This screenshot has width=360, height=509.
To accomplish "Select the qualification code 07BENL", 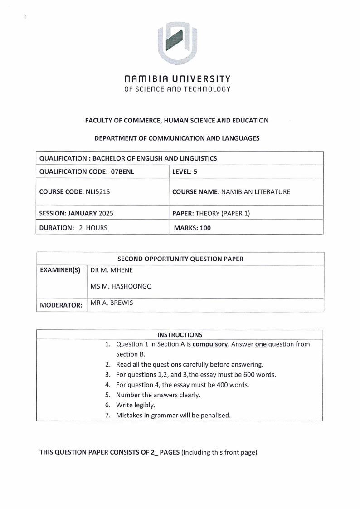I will (122, 171).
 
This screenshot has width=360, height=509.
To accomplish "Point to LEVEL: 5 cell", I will (185, 171).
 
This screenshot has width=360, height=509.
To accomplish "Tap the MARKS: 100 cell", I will (192, 228).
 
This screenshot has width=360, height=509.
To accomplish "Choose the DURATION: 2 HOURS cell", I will (73, 228).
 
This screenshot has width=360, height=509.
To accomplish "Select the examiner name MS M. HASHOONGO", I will (121, 286).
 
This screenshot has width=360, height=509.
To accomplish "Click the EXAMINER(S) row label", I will (60, 270).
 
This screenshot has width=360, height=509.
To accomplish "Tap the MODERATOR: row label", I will (61, 305).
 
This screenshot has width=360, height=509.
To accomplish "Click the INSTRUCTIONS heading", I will (180, 335).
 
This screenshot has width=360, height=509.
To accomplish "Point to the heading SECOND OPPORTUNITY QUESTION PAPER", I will (180, 259).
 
